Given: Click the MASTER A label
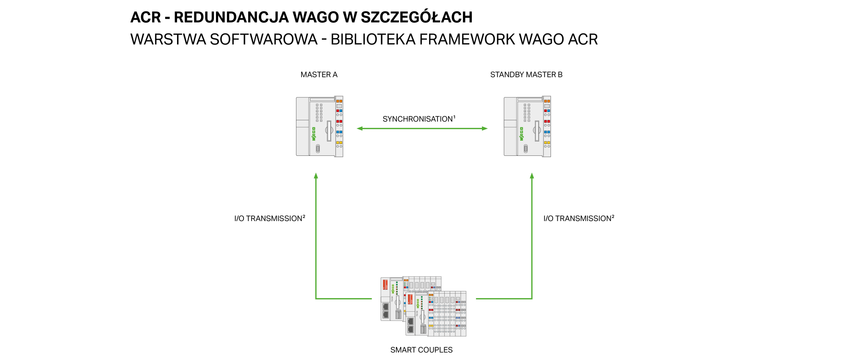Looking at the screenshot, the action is [x=319, y=75].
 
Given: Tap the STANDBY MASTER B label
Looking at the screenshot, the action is [x=526, y=75].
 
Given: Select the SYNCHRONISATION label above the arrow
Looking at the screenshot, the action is [x=418, y=119].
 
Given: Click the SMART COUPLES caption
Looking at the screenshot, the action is [x=421, y=350].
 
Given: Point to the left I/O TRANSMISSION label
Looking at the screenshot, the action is [x=270, y=219].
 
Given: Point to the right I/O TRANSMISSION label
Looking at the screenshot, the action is [x=579, y=219].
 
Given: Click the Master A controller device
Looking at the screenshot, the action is [x=319, y=127].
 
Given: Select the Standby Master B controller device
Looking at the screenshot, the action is [x=527, y=127].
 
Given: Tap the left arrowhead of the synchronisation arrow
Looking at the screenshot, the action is [x=360, y=128].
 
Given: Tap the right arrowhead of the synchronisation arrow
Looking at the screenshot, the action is [x=484, y=128].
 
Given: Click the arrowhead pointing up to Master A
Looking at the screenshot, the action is [x=316, y=176].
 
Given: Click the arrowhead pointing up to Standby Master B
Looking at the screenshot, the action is [x=532, y=176].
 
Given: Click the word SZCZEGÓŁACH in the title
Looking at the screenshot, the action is [x=417, y=17].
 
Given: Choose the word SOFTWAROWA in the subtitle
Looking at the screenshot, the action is [x=264, y=39].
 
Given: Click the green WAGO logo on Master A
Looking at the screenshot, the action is [x=314, y=134].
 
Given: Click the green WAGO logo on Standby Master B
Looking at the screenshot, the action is [x=522, y=134].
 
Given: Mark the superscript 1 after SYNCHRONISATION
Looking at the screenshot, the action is [x=454, y=117].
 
